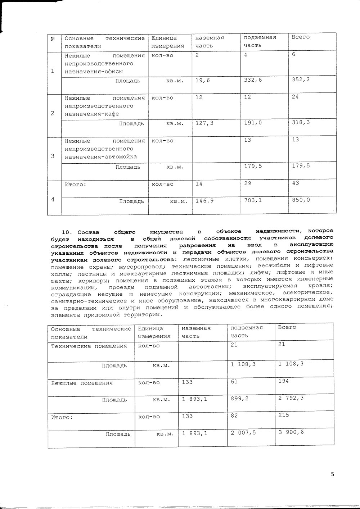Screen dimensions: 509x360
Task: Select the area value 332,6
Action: pyautogui.click(x=253, y=79)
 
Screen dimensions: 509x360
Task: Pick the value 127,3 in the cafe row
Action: pyautogui.click(x=204, y=123)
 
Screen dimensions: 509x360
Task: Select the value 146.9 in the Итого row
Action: pyautogui.click(x=204, y=201)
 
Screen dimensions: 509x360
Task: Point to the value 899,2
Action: pyautogui.click(x=239, y=399)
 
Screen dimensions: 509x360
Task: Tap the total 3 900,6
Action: pyautogui.click(x=291, y=432)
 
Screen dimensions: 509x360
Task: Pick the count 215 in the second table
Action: pyautogui.click(x=284, y=415)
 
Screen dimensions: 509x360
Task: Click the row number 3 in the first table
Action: pyautogui.click(x=53, y=156)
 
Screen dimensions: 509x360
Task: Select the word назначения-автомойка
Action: pyautogui.click(x=101, y=157)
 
